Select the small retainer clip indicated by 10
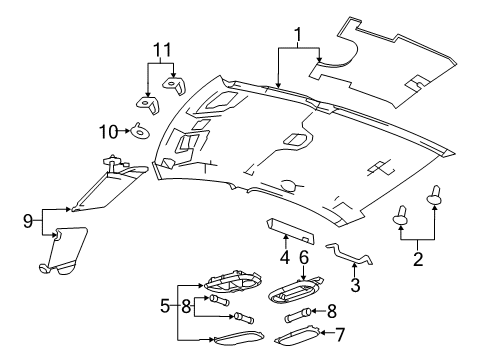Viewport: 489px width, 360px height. click(x=138, y=128)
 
